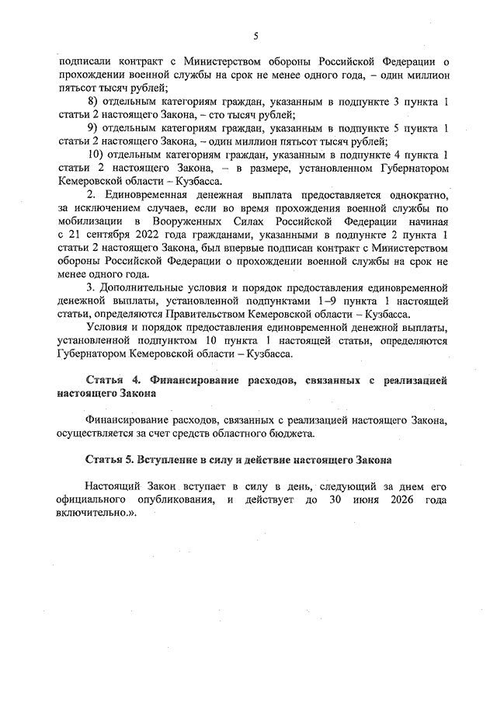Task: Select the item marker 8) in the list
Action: click(x=94, y=103)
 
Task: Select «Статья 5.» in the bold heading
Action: click(x=113, y=461)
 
